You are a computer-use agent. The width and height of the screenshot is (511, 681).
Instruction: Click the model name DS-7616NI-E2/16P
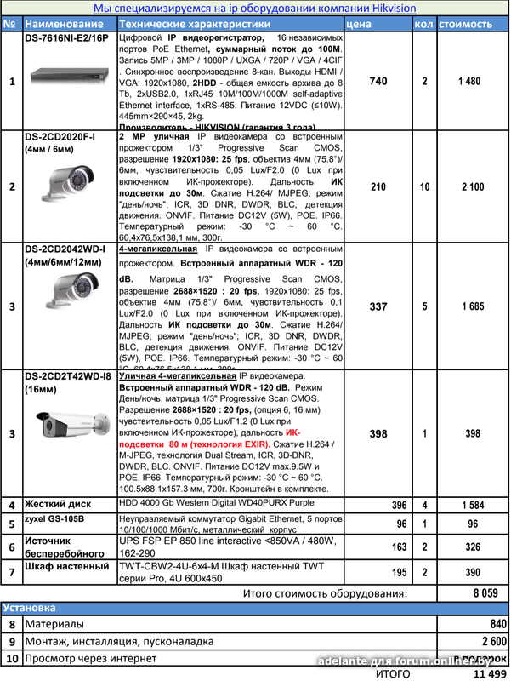[67, 39]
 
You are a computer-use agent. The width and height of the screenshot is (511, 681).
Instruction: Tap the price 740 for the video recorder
[379, 81]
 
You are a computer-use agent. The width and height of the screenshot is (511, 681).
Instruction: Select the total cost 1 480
[468, 81]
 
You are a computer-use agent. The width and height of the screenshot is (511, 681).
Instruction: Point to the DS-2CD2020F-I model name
[60, 136]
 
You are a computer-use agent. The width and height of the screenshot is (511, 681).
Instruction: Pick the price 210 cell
[379, 187]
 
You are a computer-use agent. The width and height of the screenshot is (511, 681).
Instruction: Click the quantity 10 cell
[423, 187]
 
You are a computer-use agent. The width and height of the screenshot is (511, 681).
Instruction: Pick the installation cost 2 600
[488, 641]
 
